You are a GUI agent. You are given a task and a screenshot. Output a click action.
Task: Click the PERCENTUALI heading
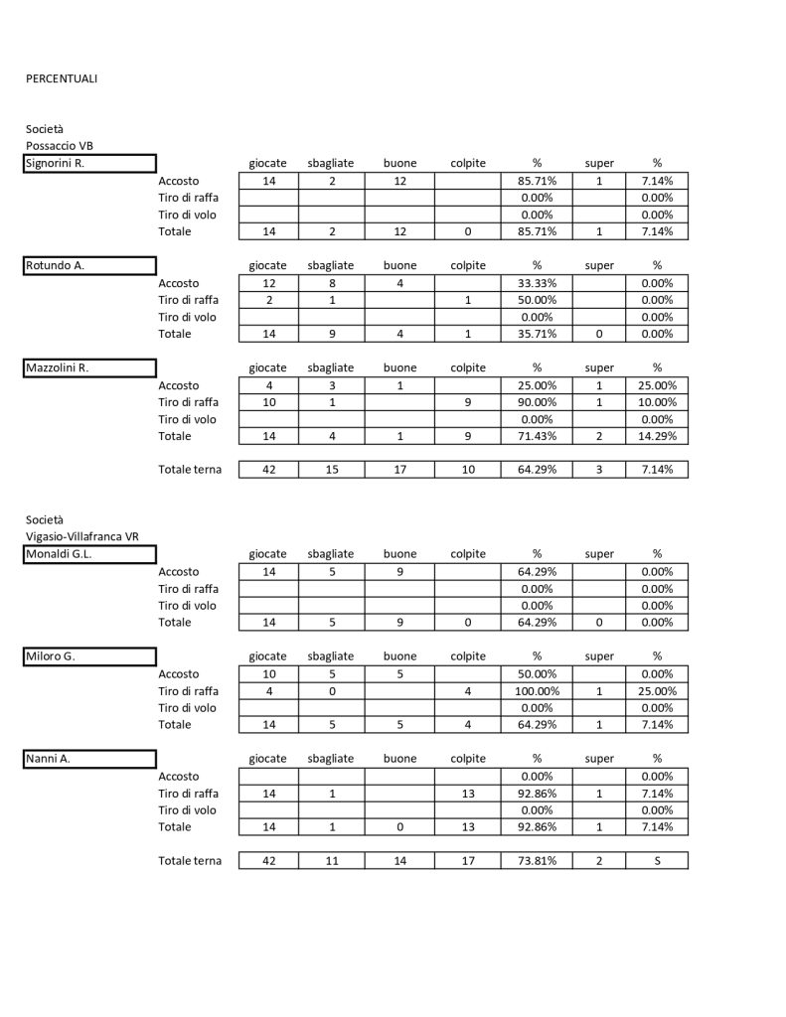pyautogui.click(x=62, y=78)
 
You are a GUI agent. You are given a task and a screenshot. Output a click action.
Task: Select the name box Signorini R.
pyautogui.click(x=90, y=164)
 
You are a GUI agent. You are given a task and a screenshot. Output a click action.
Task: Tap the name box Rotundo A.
pyautogui.click(x=90, y=265)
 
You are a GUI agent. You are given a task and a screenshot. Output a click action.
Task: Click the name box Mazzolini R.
pyautogui.click(x=90, y=367)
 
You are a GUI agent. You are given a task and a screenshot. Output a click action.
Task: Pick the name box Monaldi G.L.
pyautogui.click(x=90, y=554)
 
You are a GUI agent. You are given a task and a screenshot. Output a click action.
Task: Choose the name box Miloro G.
pyautogui.click(x=90, y=655)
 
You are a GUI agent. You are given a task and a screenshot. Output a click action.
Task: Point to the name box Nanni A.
pyautogui.click(x=90, y=759)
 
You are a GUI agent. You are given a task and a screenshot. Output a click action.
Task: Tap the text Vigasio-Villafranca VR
pyautogui.click(x=82, y=536)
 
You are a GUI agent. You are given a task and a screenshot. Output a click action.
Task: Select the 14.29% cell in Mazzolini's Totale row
pyautogui.click(x=657, y=436)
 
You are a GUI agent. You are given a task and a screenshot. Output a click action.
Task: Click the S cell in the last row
pyautogui.click(x=657, y=861)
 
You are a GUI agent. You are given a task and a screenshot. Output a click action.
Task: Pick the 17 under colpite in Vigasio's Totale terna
pyautogui.click(x=468, y=861)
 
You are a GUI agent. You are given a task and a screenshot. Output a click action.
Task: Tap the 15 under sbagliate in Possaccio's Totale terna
pyautogui.click(x=331, y=470)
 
